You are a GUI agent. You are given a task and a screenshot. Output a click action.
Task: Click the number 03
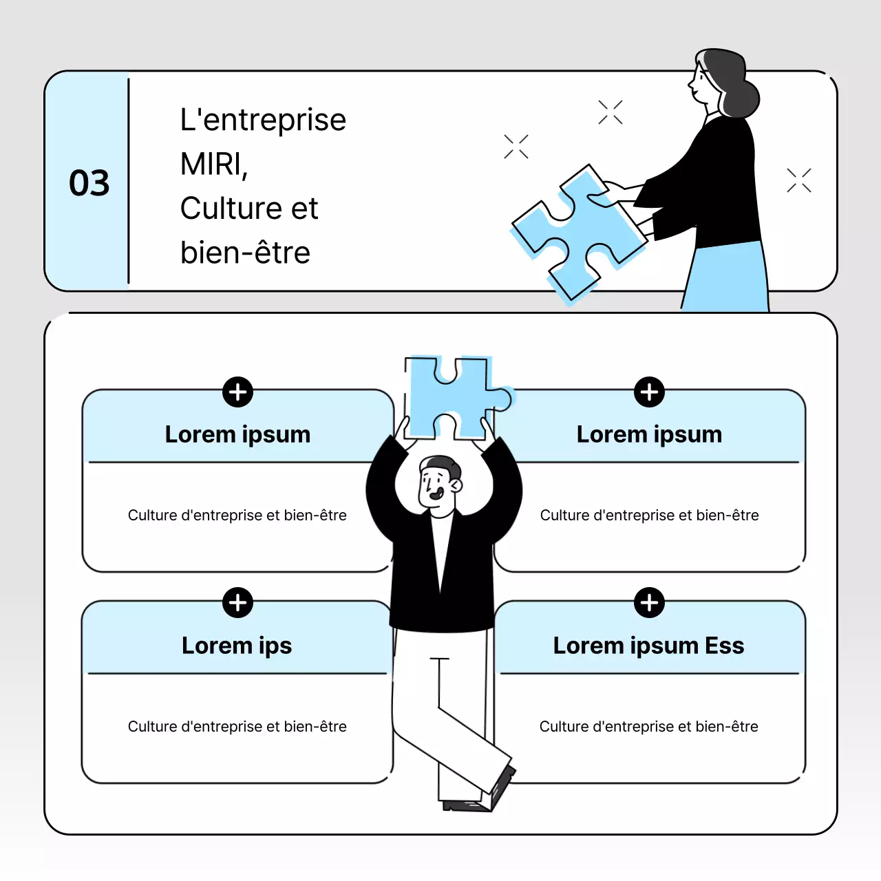click(x=89, y=183)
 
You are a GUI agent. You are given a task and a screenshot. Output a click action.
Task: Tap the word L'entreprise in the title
click(x=263, y=120)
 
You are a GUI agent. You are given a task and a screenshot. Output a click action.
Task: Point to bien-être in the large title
click(x=245, y=253)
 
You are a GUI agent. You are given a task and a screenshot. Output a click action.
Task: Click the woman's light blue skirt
click(x=730, y=279)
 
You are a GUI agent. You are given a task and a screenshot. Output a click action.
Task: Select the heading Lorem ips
click(x=237, y=646)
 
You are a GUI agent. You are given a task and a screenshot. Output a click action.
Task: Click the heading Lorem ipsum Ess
click(x=648, y=646)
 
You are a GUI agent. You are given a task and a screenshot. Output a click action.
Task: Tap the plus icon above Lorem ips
click(x=237, y=603)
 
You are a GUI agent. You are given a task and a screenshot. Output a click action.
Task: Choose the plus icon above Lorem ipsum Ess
click(x=649, y=603)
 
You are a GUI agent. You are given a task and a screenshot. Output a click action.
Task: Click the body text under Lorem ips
click(x=237, y=727)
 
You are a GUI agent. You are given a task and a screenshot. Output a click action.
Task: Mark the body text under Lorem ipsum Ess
click(x=648, y=727)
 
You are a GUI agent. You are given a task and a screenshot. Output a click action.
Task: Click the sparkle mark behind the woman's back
click(x=799, y=180)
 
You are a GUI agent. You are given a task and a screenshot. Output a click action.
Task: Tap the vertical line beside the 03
click(x=128, y=181)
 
